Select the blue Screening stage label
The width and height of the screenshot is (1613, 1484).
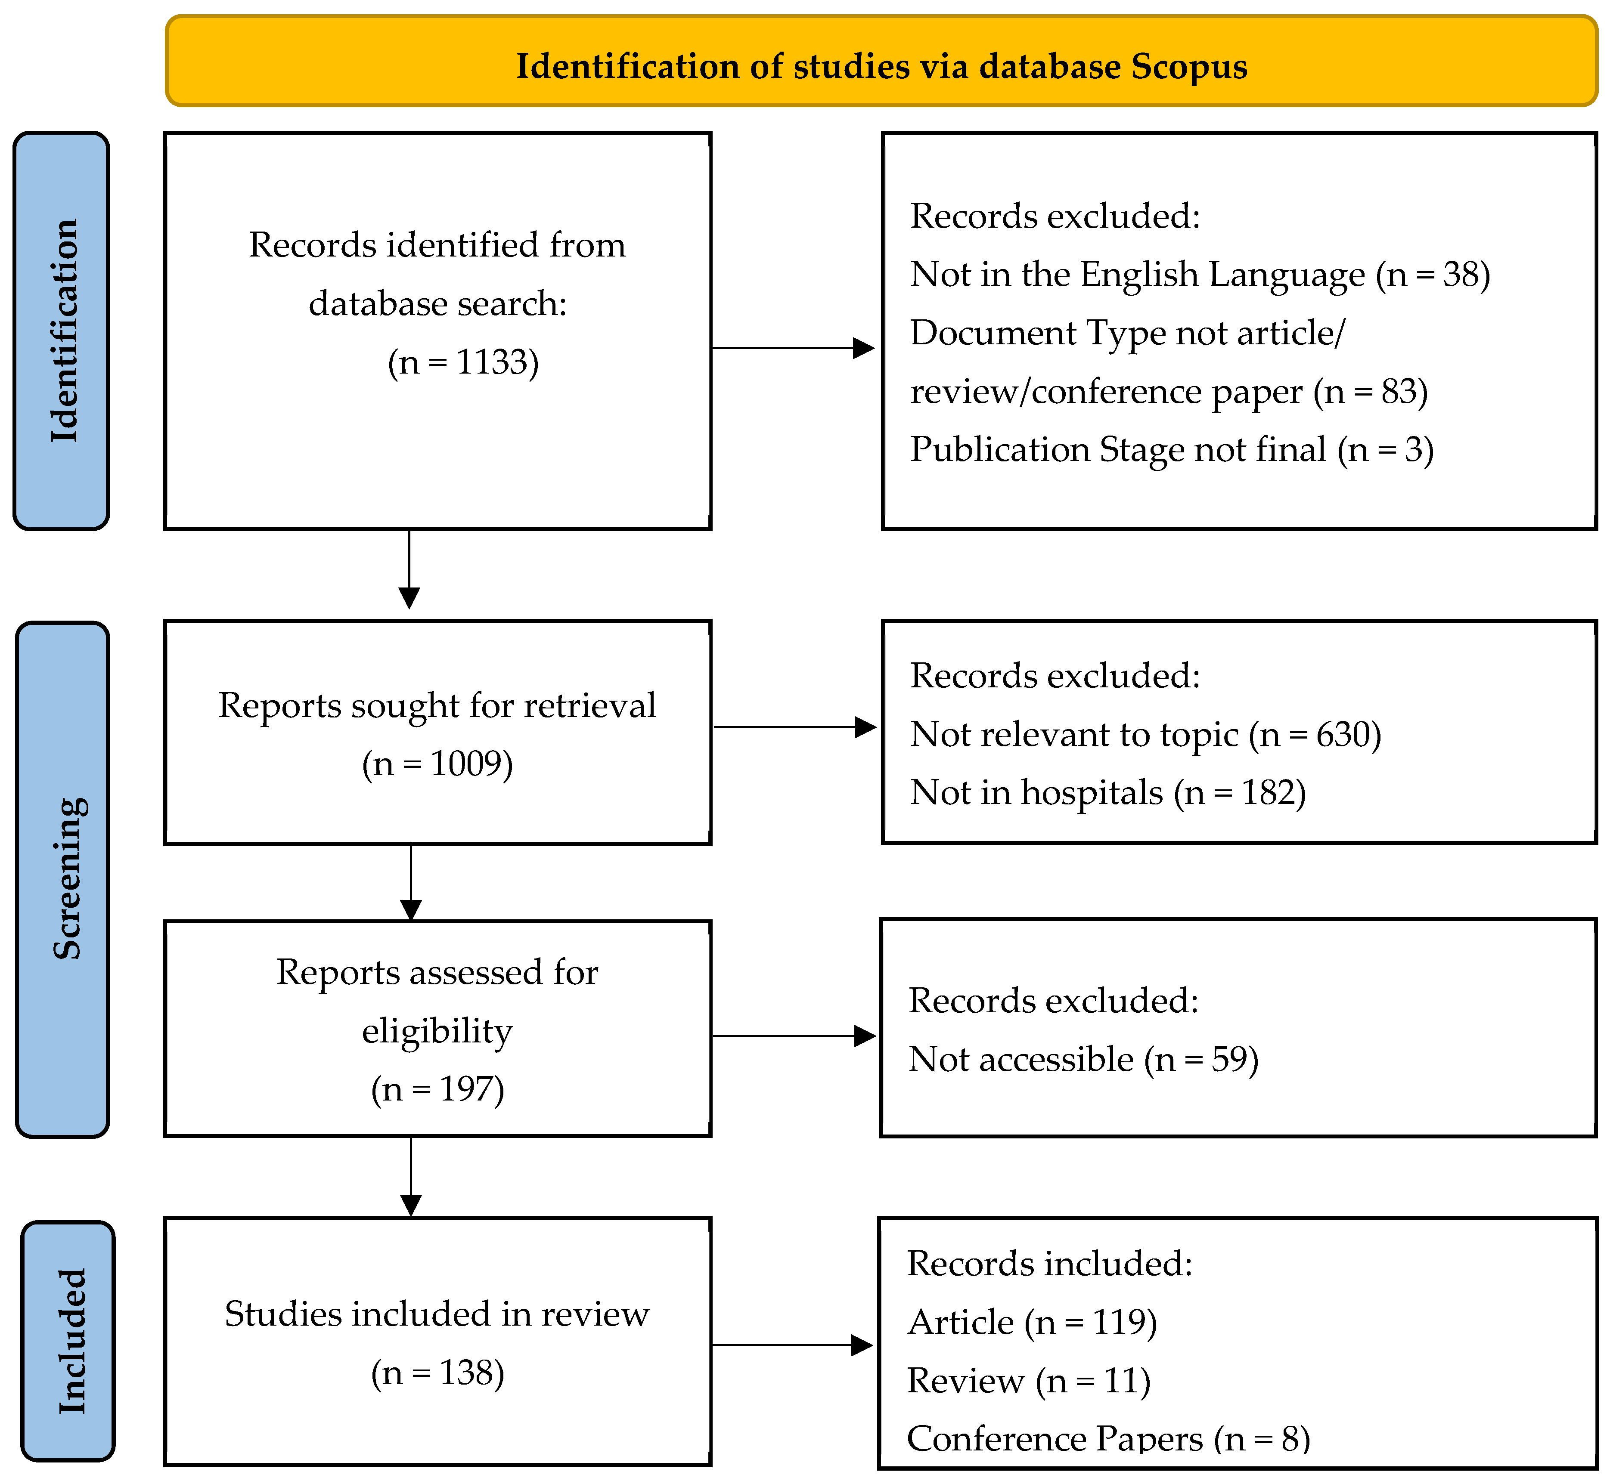click(63, 879)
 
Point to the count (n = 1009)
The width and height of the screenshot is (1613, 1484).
click(438, 764)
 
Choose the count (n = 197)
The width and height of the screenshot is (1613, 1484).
click(438, 1090)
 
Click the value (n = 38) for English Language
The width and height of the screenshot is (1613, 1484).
click(1433, 275)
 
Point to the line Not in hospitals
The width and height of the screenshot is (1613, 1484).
click(1108, 793)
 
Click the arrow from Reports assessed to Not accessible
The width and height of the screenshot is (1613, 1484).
click(794, 1036)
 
